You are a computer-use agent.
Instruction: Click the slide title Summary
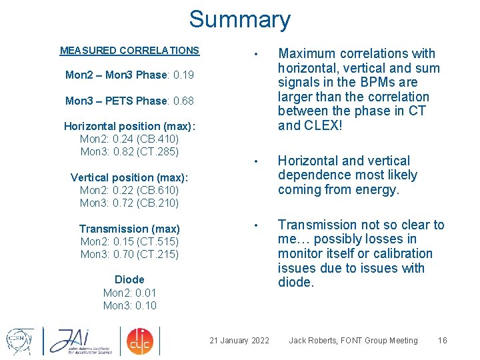coord(239,19)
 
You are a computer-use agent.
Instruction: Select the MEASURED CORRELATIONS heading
coord(129,50)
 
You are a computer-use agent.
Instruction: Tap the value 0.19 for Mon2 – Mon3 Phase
coord(182,75)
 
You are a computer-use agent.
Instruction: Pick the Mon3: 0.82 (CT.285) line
coord(129,151)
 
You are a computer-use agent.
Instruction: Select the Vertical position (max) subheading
coord(129,177)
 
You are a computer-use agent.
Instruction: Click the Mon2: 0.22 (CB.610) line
coord(129,190)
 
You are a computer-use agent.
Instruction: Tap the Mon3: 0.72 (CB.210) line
coord(129,203)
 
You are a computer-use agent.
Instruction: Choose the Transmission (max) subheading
coord(129,229)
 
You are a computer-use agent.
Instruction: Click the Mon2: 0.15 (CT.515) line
coord(129,241)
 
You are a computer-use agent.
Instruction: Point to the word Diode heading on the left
coord(129,279)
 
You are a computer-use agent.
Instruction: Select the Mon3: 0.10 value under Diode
coord(129,305)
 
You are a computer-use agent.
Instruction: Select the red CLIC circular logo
coord(140,341)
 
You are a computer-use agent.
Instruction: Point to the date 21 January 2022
coord(239,341)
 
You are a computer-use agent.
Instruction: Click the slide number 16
coord(442,341)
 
